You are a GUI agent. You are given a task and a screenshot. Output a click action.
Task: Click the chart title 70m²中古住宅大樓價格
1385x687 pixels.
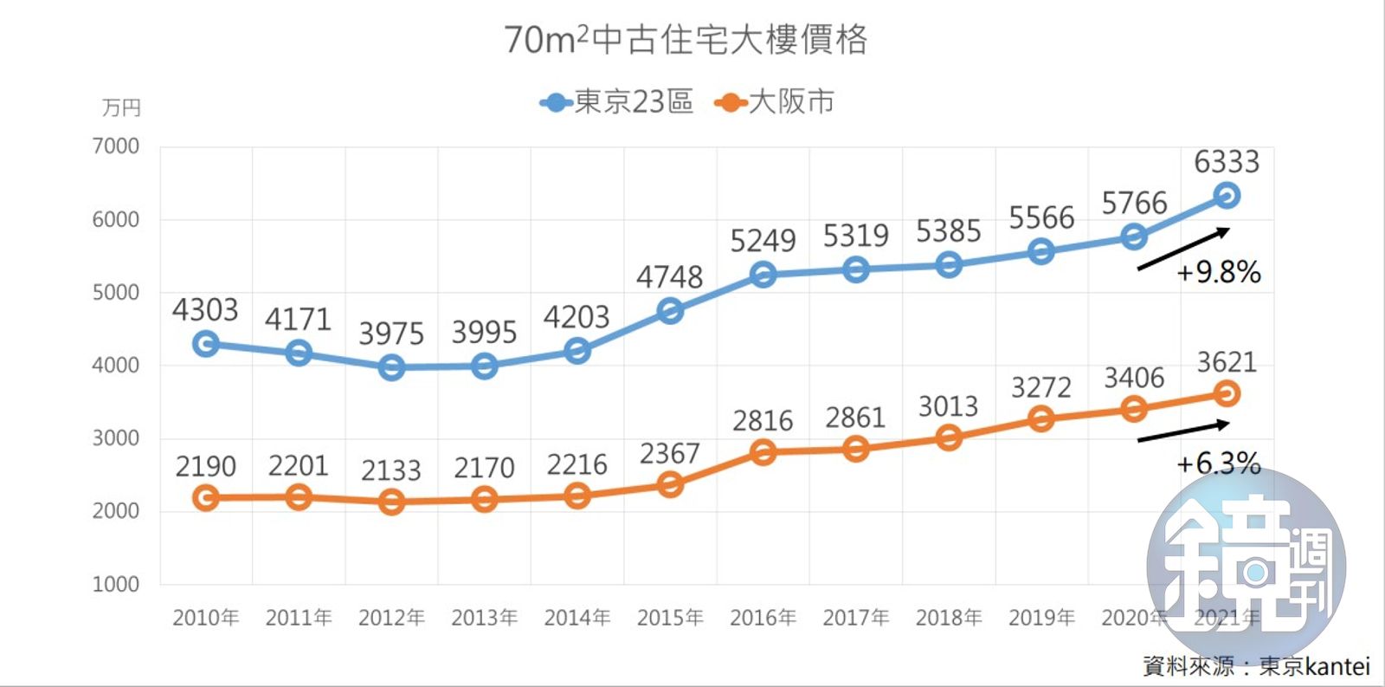coord(685,40)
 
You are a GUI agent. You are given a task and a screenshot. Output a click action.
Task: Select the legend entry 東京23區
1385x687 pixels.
coord(616,102)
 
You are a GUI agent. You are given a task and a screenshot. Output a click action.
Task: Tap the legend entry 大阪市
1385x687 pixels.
coord(775,102)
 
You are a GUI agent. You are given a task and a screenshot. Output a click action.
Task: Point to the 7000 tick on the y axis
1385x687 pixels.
coord(116,146)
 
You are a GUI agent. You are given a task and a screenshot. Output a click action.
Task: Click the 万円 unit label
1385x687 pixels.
coord(121,108)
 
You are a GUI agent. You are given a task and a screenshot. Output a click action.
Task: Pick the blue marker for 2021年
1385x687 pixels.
coord(1226,196)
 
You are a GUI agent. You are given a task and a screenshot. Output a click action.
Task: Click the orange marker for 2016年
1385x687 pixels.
coord(763,452)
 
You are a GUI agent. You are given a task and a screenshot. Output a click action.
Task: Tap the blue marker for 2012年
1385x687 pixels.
coord(391,367)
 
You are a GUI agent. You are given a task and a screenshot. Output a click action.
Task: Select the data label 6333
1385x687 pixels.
coord(1226,162)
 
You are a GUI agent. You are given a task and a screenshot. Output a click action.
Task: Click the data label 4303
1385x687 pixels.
coord(205,310)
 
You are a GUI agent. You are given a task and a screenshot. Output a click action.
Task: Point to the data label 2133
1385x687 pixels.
coord(391,470)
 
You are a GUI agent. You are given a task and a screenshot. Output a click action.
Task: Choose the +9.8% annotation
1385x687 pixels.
coord(1218,272)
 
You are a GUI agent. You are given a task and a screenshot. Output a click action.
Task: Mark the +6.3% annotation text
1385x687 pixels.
coord(1218,463)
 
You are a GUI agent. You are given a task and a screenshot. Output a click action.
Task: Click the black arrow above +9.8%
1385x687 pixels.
coord(1183,249)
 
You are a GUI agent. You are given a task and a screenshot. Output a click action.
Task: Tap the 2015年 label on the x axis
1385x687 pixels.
coord(670,618)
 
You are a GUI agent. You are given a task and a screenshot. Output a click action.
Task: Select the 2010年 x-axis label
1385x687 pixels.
coord(205,618)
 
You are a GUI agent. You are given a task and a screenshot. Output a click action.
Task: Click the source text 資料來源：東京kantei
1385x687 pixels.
coord(1256,665)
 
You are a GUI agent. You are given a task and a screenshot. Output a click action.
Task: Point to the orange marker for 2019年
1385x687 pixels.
coord(1041,419)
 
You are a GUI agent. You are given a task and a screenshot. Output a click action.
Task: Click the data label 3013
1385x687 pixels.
coord(948,405)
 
